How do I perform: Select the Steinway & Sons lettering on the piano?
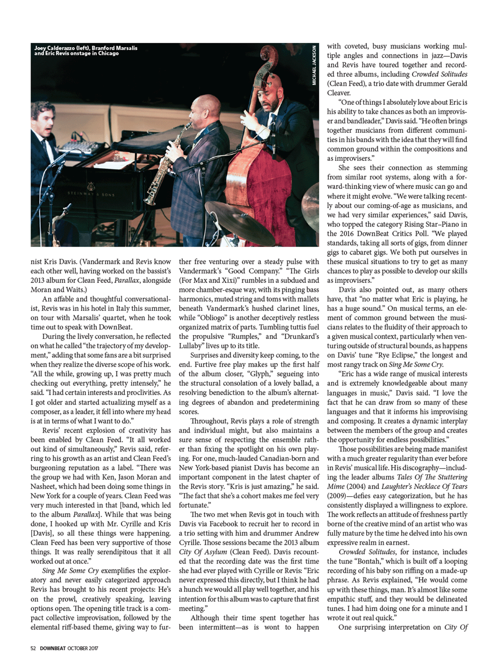[x=91, y=193]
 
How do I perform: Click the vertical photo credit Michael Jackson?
[x=314, y=65]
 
